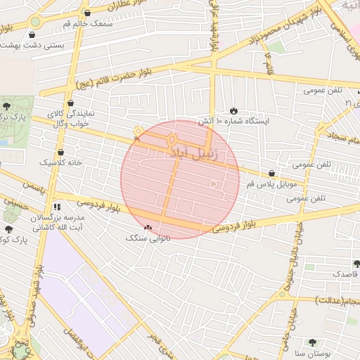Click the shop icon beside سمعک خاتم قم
tap(87, 13)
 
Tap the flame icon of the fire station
tap(233, 110)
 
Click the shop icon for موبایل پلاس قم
tap(271, 173)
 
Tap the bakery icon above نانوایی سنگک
tap(148, 228)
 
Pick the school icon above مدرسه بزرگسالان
tap(56, 207)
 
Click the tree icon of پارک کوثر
tap(8, 229)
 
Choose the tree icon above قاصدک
tap(356, 264)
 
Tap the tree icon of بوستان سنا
tap(313, 342)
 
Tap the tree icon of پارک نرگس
tap(7, 105)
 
